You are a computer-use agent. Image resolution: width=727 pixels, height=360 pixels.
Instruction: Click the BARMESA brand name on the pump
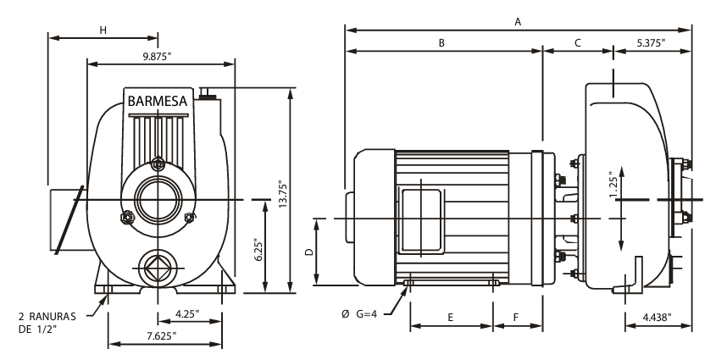click(x=158, y=101)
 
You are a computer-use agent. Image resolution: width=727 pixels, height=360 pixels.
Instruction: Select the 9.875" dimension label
click(x=157, y=57)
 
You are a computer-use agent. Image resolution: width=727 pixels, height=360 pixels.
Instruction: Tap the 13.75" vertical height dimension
click(x=283, y=190)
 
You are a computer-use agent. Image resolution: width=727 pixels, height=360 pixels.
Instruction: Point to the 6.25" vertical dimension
click(x=258, y=250)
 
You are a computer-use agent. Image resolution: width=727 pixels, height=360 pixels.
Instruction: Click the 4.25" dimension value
click(x=187, y=313)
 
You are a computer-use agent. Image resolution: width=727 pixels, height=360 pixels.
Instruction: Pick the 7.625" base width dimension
click(x=162, y=336)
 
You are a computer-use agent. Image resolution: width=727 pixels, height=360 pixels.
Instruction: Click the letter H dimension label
click(x=103, y=30)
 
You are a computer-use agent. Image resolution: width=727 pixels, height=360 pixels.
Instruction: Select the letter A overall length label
click(x=519, y=22)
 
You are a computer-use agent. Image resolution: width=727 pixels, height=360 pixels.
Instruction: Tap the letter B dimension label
click(x=441, y=43)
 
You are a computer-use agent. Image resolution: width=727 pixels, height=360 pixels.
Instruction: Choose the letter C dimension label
click(x=578, y=43)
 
